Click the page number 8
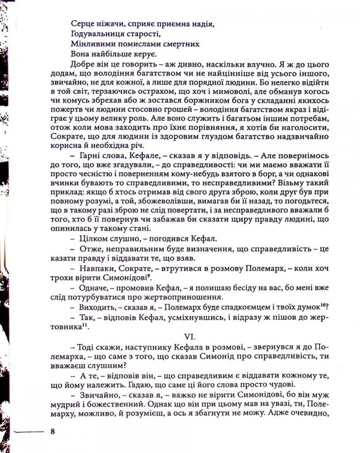tap(53, 431)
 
